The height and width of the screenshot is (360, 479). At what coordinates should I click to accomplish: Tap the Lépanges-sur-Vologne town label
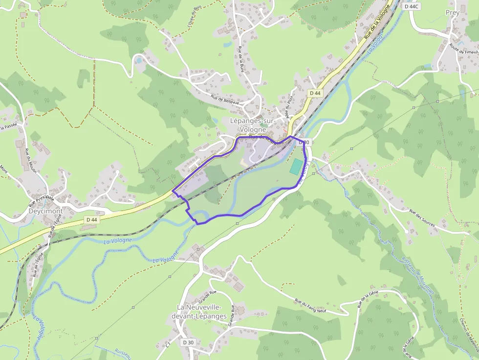click(253, 125)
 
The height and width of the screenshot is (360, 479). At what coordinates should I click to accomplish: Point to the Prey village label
click(453, 13)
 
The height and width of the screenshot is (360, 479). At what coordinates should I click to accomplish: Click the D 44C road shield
click(412, 6)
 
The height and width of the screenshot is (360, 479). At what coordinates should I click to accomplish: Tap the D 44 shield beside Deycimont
click(91, 220)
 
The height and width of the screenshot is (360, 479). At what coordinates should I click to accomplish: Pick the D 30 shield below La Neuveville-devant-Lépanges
click(188, 342)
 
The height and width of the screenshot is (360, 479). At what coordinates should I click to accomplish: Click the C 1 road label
click(168, 344)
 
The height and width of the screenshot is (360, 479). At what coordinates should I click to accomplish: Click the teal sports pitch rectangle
click(296, 166)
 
